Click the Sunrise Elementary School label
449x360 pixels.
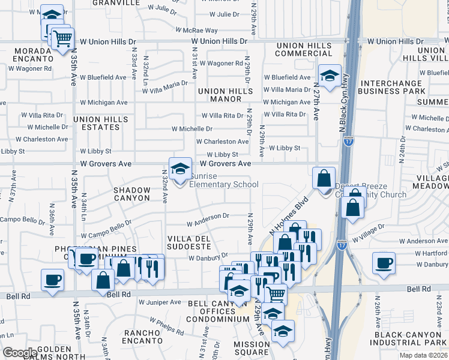(224, 180)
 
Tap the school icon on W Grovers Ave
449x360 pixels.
(179, 169)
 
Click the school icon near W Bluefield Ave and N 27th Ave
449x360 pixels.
(329, 76)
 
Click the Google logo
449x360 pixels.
(19, 353)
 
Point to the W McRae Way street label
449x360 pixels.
(196, 30)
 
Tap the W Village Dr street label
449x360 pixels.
(368, 235)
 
